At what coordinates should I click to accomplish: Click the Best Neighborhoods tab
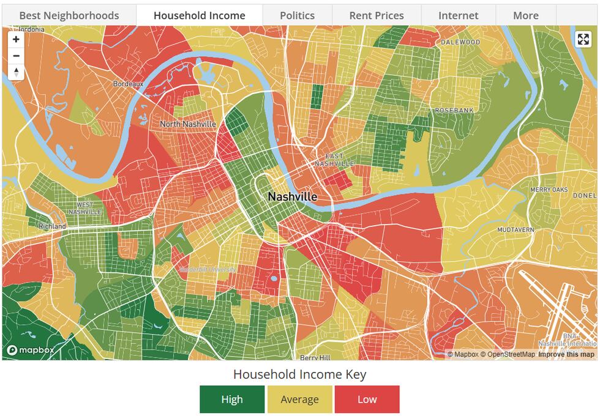[x=69, y=15]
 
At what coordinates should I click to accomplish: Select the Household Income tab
[x=200, y=15]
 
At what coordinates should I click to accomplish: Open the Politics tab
[x=297, y=15]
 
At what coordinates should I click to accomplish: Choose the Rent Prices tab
[x=377, y=15]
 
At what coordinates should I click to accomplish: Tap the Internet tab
[x=459, y=15]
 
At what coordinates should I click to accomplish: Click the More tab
[x=526, y=15]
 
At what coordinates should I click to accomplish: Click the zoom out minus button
[x=16, y=56]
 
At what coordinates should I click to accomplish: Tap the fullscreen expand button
[x=583, y=40]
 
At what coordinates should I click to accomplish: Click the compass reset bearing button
[x=16, y=72]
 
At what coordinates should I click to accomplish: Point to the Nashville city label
[x=293, y=197]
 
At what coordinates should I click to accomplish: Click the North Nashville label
[x=188, y=124]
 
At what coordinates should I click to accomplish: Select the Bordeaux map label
[x=128, y=84]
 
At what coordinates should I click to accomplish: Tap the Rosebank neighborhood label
[x=454, y=110]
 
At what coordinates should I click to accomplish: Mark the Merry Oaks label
[x=549, y=190]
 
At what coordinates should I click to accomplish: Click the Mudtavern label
[x=516, y=230]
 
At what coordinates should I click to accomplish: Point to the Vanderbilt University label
[x=208, y=270]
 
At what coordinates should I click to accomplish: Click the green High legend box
[x=232, y=399]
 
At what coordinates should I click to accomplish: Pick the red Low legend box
[x=367, y=399]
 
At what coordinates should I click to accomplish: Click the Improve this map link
[x=566, y=355]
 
